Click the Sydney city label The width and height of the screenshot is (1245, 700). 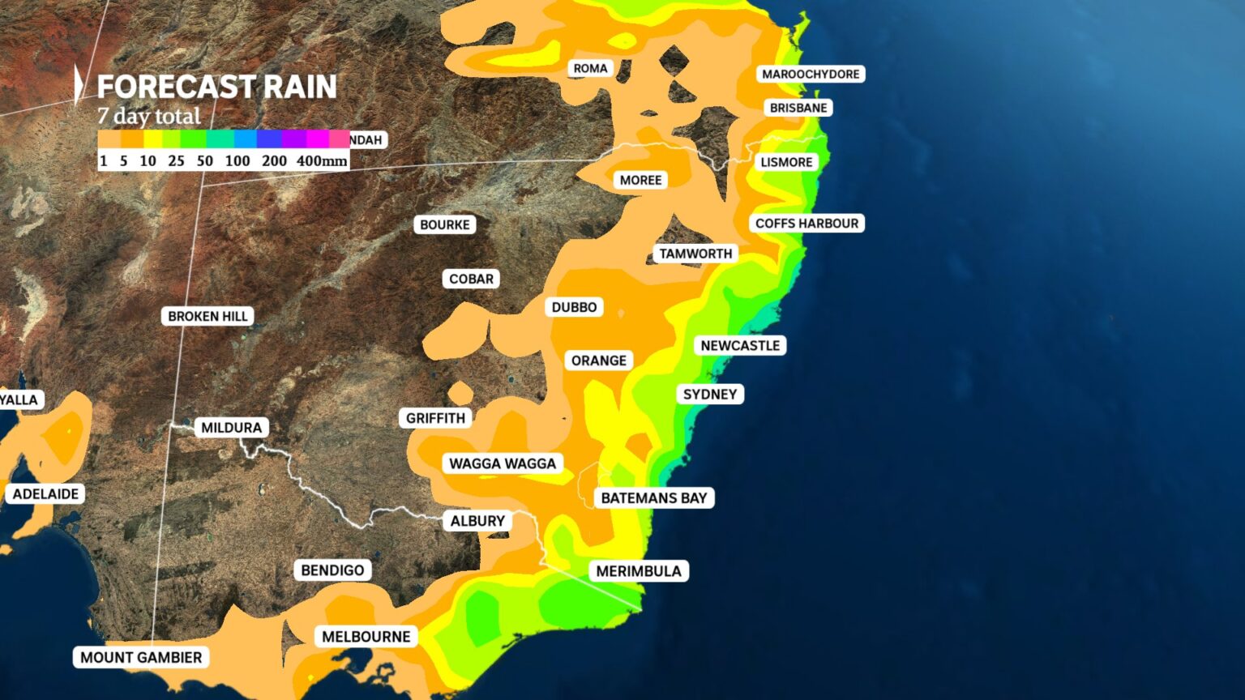710,395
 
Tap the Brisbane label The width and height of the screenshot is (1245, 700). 798,108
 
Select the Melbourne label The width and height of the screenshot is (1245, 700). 366,637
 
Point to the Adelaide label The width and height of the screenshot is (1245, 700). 45,494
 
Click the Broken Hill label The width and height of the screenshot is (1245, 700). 207,316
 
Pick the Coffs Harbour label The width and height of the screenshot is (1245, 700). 806,224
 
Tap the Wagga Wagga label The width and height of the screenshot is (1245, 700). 503,463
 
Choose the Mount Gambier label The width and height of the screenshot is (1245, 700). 141,658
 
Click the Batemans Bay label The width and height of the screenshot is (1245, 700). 654,498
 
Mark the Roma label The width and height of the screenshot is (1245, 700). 590,69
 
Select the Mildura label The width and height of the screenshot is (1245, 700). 231,428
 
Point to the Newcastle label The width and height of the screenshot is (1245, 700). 740,346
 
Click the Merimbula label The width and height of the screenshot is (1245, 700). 639,571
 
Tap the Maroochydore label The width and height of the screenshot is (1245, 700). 811,75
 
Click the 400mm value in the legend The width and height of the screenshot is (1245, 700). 322,161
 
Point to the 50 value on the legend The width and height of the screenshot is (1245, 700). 205,161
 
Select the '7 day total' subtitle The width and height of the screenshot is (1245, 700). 149,117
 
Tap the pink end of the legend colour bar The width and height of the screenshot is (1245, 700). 340,139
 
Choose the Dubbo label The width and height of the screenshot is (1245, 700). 574,307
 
